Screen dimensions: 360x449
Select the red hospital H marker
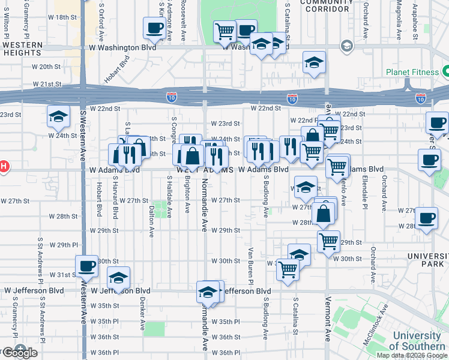pos(2,166)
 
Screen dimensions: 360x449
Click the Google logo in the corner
pos(19,353)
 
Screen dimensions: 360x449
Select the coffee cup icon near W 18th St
pos(154,28)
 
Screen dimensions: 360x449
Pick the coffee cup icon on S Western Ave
pos(86,266)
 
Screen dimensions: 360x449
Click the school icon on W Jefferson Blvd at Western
pos(118,277)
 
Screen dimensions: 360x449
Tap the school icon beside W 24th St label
pos(58,117)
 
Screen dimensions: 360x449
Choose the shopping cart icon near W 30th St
pos(288,269)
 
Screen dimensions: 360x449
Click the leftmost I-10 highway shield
pos(171,95)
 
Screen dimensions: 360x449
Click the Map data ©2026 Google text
pos(412,355)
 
